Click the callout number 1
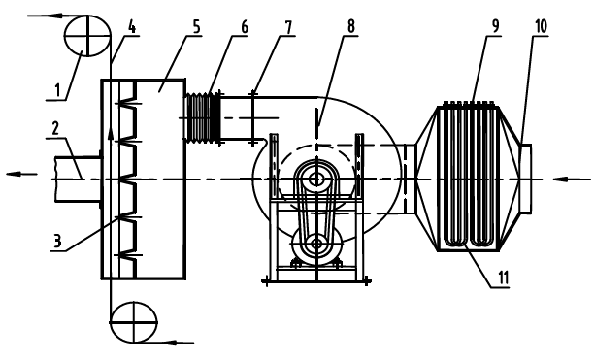[x=57, y=90]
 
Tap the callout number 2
[x=55, y=129]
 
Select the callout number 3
[x=56, y=241]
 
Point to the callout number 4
[x=131, y=27]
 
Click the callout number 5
[x=196, y=27]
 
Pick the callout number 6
[x=244, y=27]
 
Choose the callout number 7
[x=289, y=27]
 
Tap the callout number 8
[x=351, y=27]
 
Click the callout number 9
[x=496, y=26]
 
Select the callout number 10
[x=541, y=26]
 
